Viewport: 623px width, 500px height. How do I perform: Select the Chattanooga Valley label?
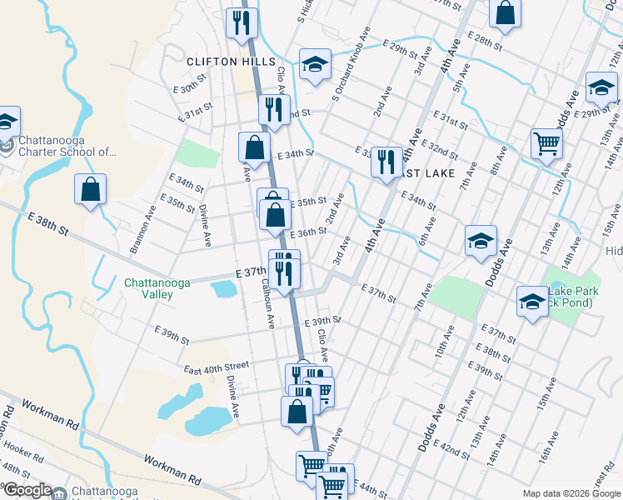[x=157, y=288]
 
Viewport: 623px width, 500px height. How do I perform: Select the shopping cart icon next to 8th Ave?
[x=546, y=142]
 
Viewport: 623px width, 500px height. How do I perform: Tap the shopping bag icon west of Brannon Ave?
[x=91, y=189]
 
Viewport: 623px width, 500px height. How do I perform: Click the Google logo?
[x=27, y=490]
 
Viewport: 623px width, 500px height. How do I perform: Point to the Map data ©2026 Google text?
[x=571, y=493]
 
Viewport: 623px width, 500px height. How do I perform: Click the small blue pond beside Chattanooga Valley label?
[x=223, y=288]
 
